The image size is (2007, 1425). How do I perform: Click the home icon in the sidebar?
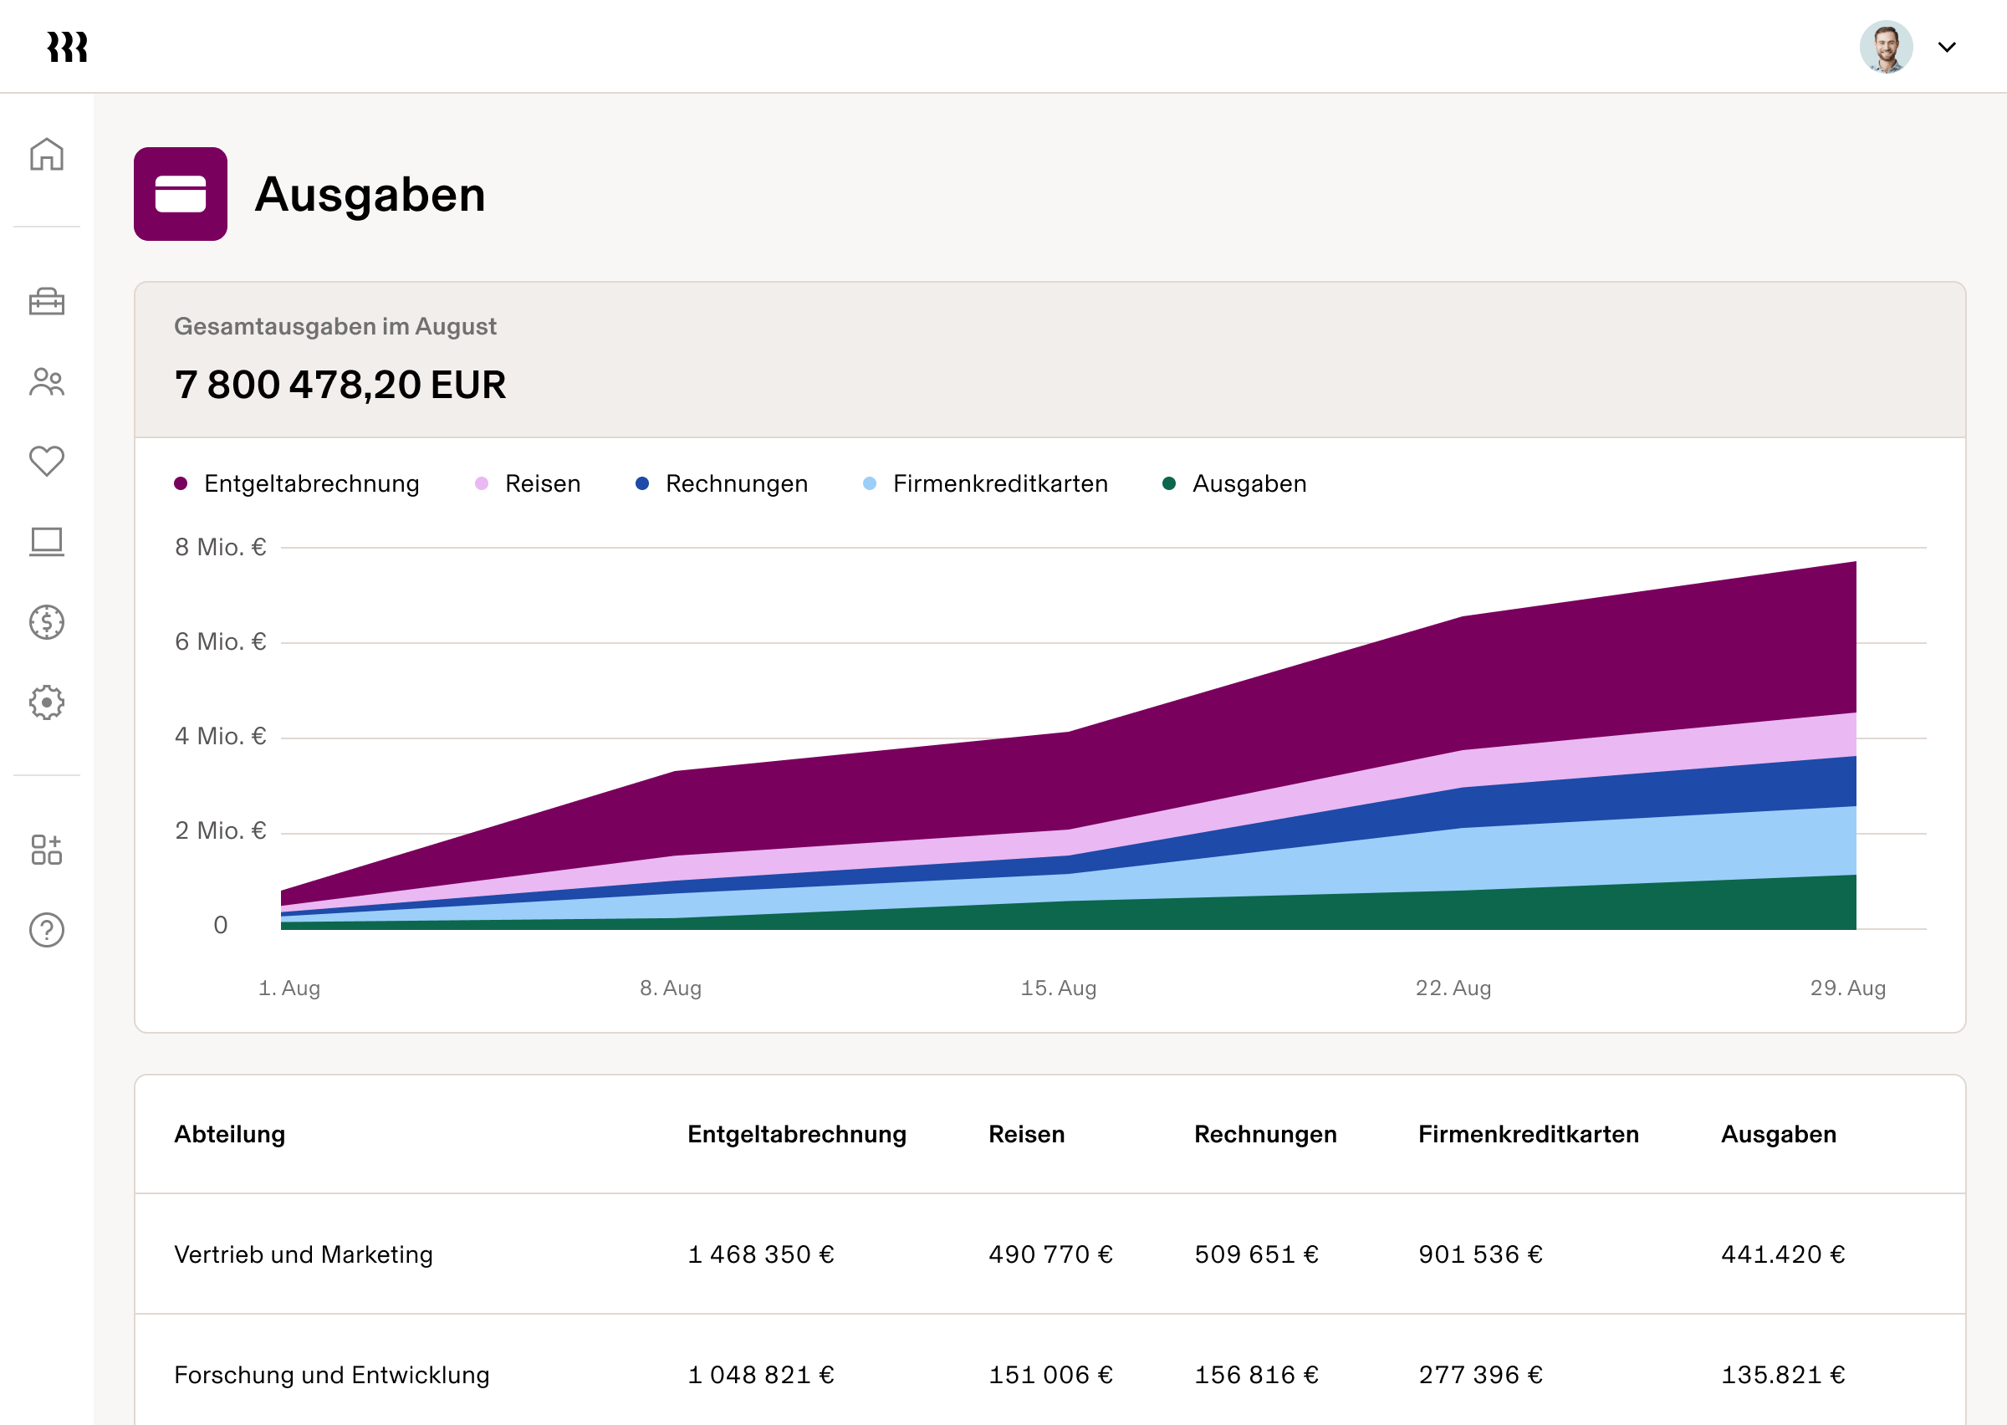point(47,155)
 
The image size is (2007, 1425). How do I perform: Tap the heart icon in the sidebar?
point(47,461)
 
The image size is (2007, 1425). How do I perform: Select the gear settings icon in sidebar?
point(47,702)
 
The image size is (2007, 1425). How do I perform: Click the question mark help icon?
point(47,930)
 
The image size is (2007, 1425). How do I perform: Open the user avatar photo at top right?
point(1885,47)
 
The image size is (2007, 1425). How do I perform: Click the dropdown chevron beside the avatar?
point(1947,48)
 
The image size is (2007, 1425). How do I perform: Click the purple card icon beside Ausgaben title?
point(181,194)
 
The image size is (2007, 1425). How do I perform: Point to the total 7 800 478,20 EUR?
point(340,386)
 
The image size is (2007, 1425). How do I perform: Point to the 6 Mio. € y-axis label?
point(220,641)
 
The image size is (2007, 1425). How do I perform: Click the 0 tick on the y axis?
point(220,925)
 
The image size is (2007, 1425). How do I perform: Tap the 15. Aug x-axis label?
point(1058,988)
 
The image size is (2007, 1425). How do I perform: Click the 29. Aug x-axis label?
point(1847,988)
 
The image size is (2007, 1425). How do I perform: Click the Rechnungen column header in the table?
point(1265,1134)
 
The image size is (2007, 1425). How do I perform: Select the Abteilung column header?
point(230,1134)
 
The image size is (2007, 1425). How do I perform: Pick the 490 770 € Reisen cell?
point(1050,1254)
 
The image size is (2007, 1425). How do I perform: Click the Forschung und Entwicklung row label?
point(332,1374)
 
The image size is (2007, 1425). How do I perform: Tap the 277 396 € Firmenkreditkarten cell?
point(1480,1374)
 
